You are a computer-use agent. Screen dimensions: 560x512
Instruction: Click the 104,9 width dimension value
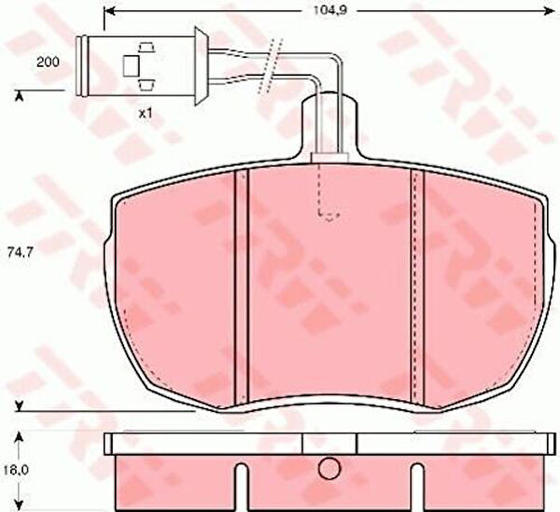[x=329, y=10]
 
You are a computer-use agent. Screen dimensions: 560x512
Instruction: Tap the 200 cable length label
[x=49, y=63]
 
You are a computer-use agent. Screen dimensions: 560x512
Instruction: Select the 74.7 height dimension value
[x=20, y=253]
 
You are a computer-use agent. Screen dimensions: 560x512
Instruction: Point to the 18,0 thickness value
[x=17, y=470]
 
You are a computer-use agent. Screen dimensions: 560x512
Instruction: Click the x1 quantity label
[x=146, y=114]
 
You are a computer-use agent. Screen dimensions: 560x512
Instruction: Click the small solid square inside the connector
[x=131, y=66]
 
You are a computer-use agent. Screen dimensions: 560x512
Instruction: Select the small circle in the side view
[x=329, y=468]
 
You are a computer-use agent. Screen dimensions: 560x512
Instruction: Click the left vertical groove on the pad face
[x=242, y=287]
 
